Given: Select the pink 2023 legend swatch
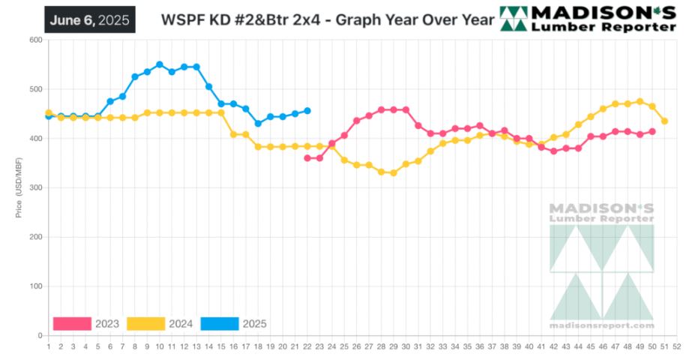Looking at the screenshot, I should pos(72,324).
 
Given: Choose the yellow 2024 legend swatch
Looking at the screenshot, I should pos(145,324).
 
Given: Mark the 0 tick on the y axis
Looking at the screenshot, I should pos(37,335).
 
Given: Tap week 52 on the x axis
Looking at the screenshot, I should pos(677,346).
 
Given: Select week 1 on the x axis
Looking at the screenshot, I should pos(48,346).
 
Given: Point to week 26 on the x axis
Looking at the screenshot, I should pos(356,346).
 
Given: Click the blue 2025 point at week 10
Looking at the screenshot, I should pos(159,64).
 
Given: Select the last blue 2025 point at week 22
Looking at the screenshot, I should pos(307,111).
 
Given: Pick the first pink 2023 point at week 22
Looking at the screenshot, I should pos(307,158).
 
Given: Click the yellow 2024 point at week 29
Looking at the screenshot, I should pos(394,173).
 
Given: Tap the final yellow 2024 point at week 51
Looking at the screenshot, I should pos(664,121).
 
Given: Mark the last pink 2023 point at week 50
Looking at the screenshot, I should pos(652,131).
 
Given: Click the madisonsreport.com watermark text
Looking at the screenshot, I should pos(601,325).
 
